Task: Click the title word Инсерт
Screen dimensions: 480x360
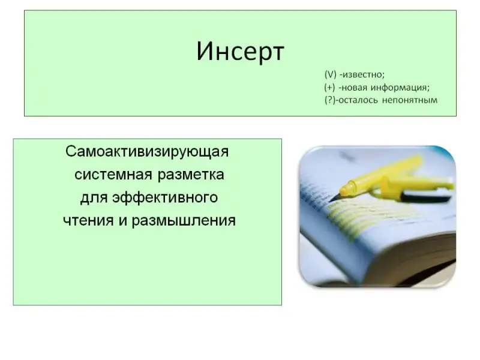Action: (x=241, y=52)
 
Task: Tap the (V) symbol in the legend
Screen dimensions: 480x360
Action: (x=331, y=74)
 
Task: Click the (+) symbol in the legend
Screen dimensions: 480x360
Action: (x=329, y=88)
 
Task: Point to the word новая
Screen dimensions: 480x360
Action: (x=354, y=88)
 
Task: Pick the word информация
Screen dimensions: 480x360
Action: (x=400, y=88)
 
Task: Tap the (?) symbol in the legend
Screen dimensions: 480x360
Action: (x=330, y=100)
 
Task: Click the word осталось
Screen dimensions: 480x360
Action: (x=358, y=100)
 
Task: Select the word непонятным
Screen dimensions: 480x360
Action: (x=410, y=100)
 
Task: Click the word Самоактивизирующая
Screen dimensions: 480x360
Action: (x=147, y=152)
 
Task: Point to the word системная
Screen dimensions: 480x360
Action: (x=113, y=175)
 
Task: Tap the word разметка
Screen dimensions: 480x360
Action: (x=191, y=175)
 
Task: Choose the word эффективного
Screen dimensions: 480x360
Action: (x=165, y=198)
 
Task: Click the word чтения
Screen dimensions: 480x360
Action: (x=88, y=221)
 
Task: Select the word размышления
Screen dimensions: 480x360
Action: (x=184, y=221)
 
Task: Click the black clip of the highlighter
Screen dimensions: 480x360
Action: (x=425, y=196)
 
